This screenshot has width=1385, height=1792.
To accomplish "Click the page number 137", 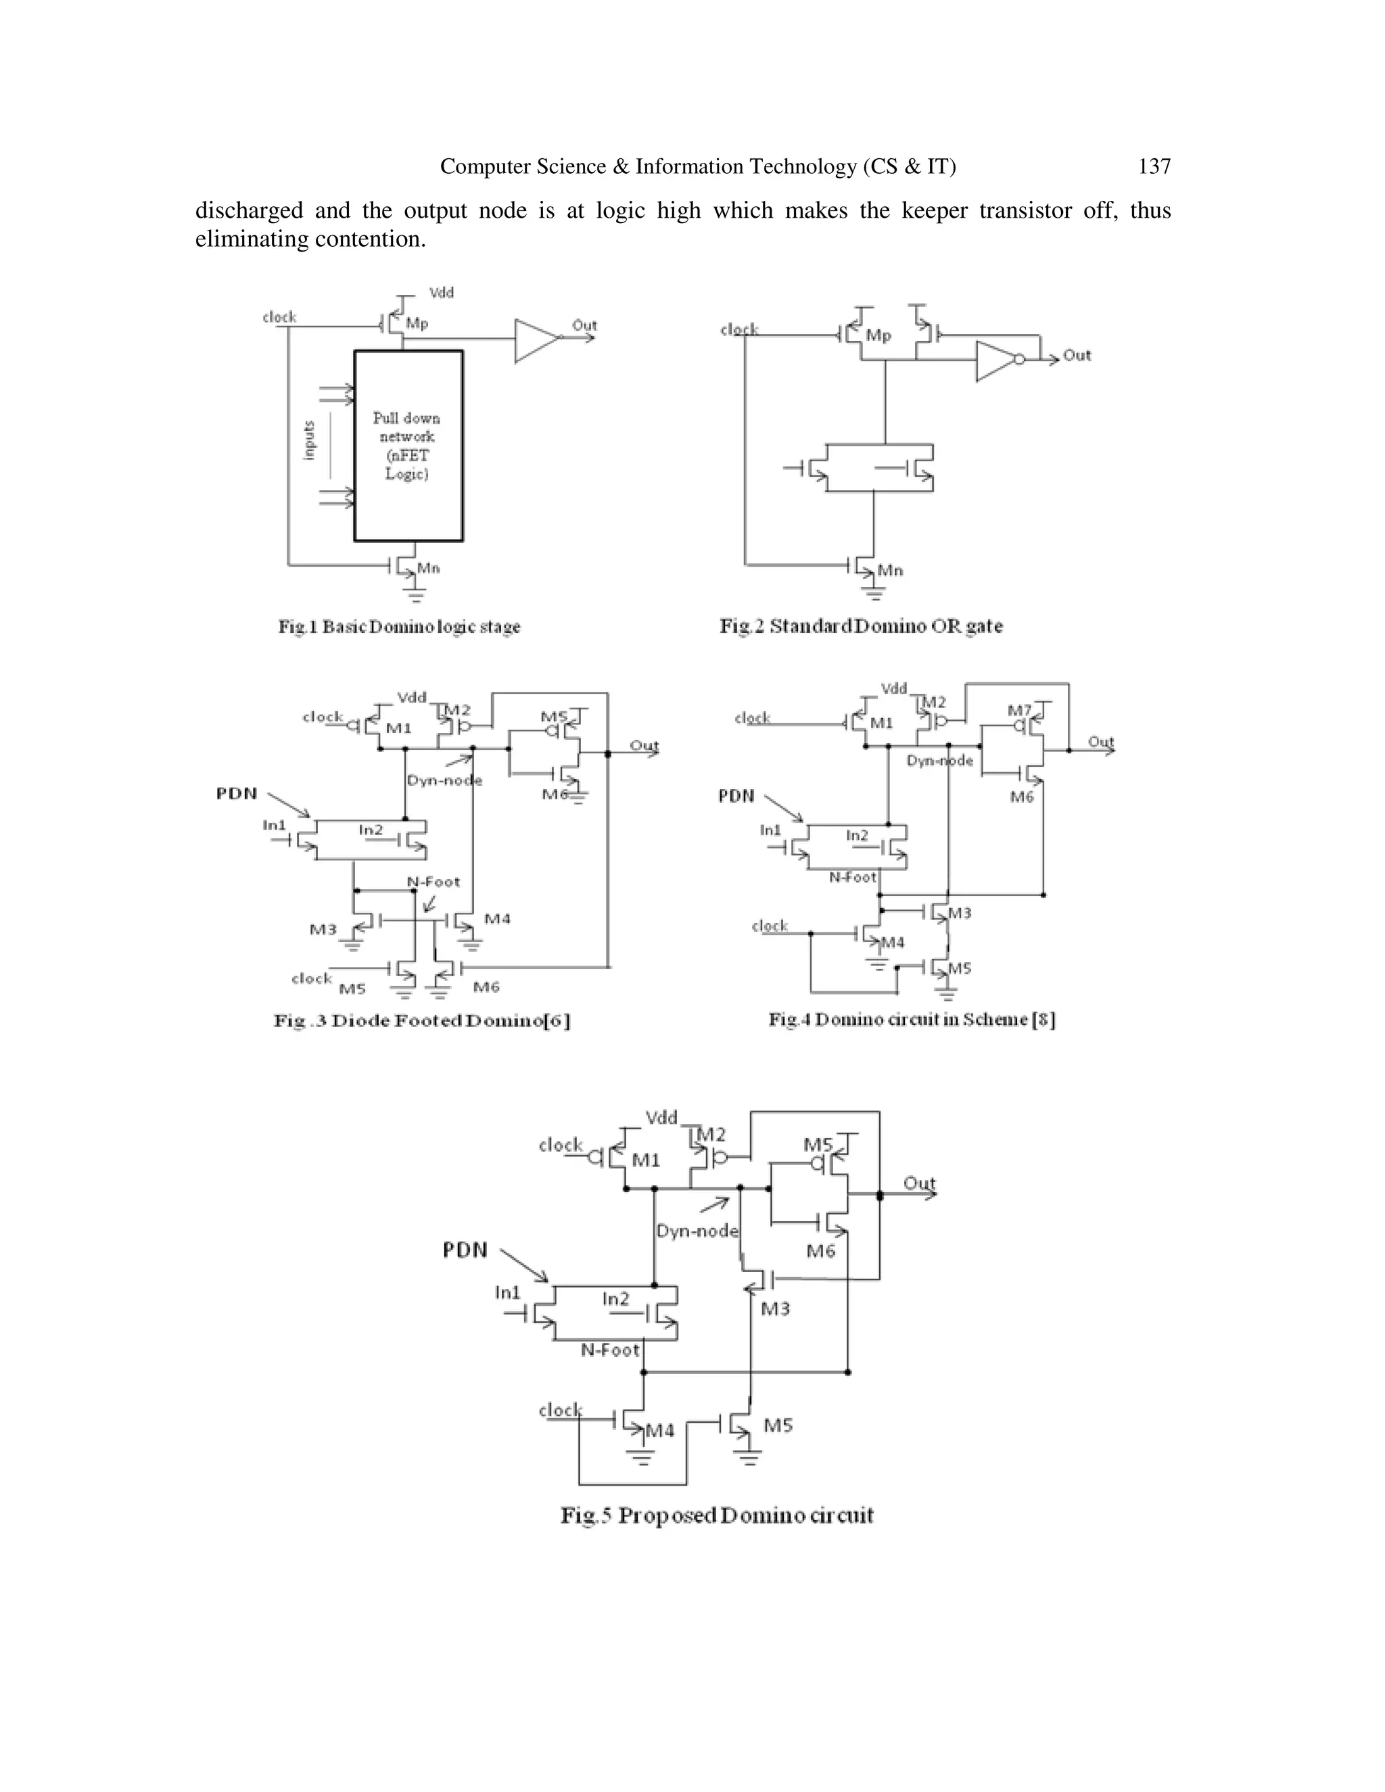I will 1154,166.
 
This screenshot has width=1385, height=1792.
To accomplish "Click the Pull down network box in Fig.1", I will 408,446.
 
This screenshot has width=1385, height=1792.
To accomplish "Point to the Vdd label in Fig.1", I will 442,293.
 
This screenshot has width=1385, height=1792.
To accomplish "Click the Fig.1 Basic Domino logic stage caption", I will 399,627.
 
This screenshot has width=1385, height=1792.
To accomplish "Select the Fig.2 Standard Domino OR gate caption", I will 861,626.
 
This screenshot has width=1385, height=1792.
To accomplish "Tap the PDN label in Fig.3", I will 236,793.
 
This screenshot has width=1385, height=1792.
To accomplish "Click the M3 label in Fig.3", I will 323,929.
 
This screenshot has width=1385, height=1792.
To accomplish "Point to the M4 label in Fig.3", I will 497,918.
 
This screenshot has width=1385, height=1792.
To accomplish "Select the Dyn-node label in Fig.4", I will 939,761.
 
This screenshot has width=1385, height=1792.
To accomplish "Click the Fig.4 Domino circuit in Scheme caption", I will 912,1019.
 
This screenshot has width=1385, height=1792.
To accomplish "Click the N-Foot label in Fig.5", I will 609,1350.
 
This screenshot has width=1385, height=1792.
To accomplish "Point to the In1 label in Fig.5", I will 508,1292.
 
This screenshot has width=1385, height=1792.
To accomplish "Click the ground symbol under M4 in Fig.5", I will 642,1459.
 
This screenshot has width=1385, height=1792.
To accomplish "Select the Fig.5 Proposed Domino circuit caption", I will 716,1515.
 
